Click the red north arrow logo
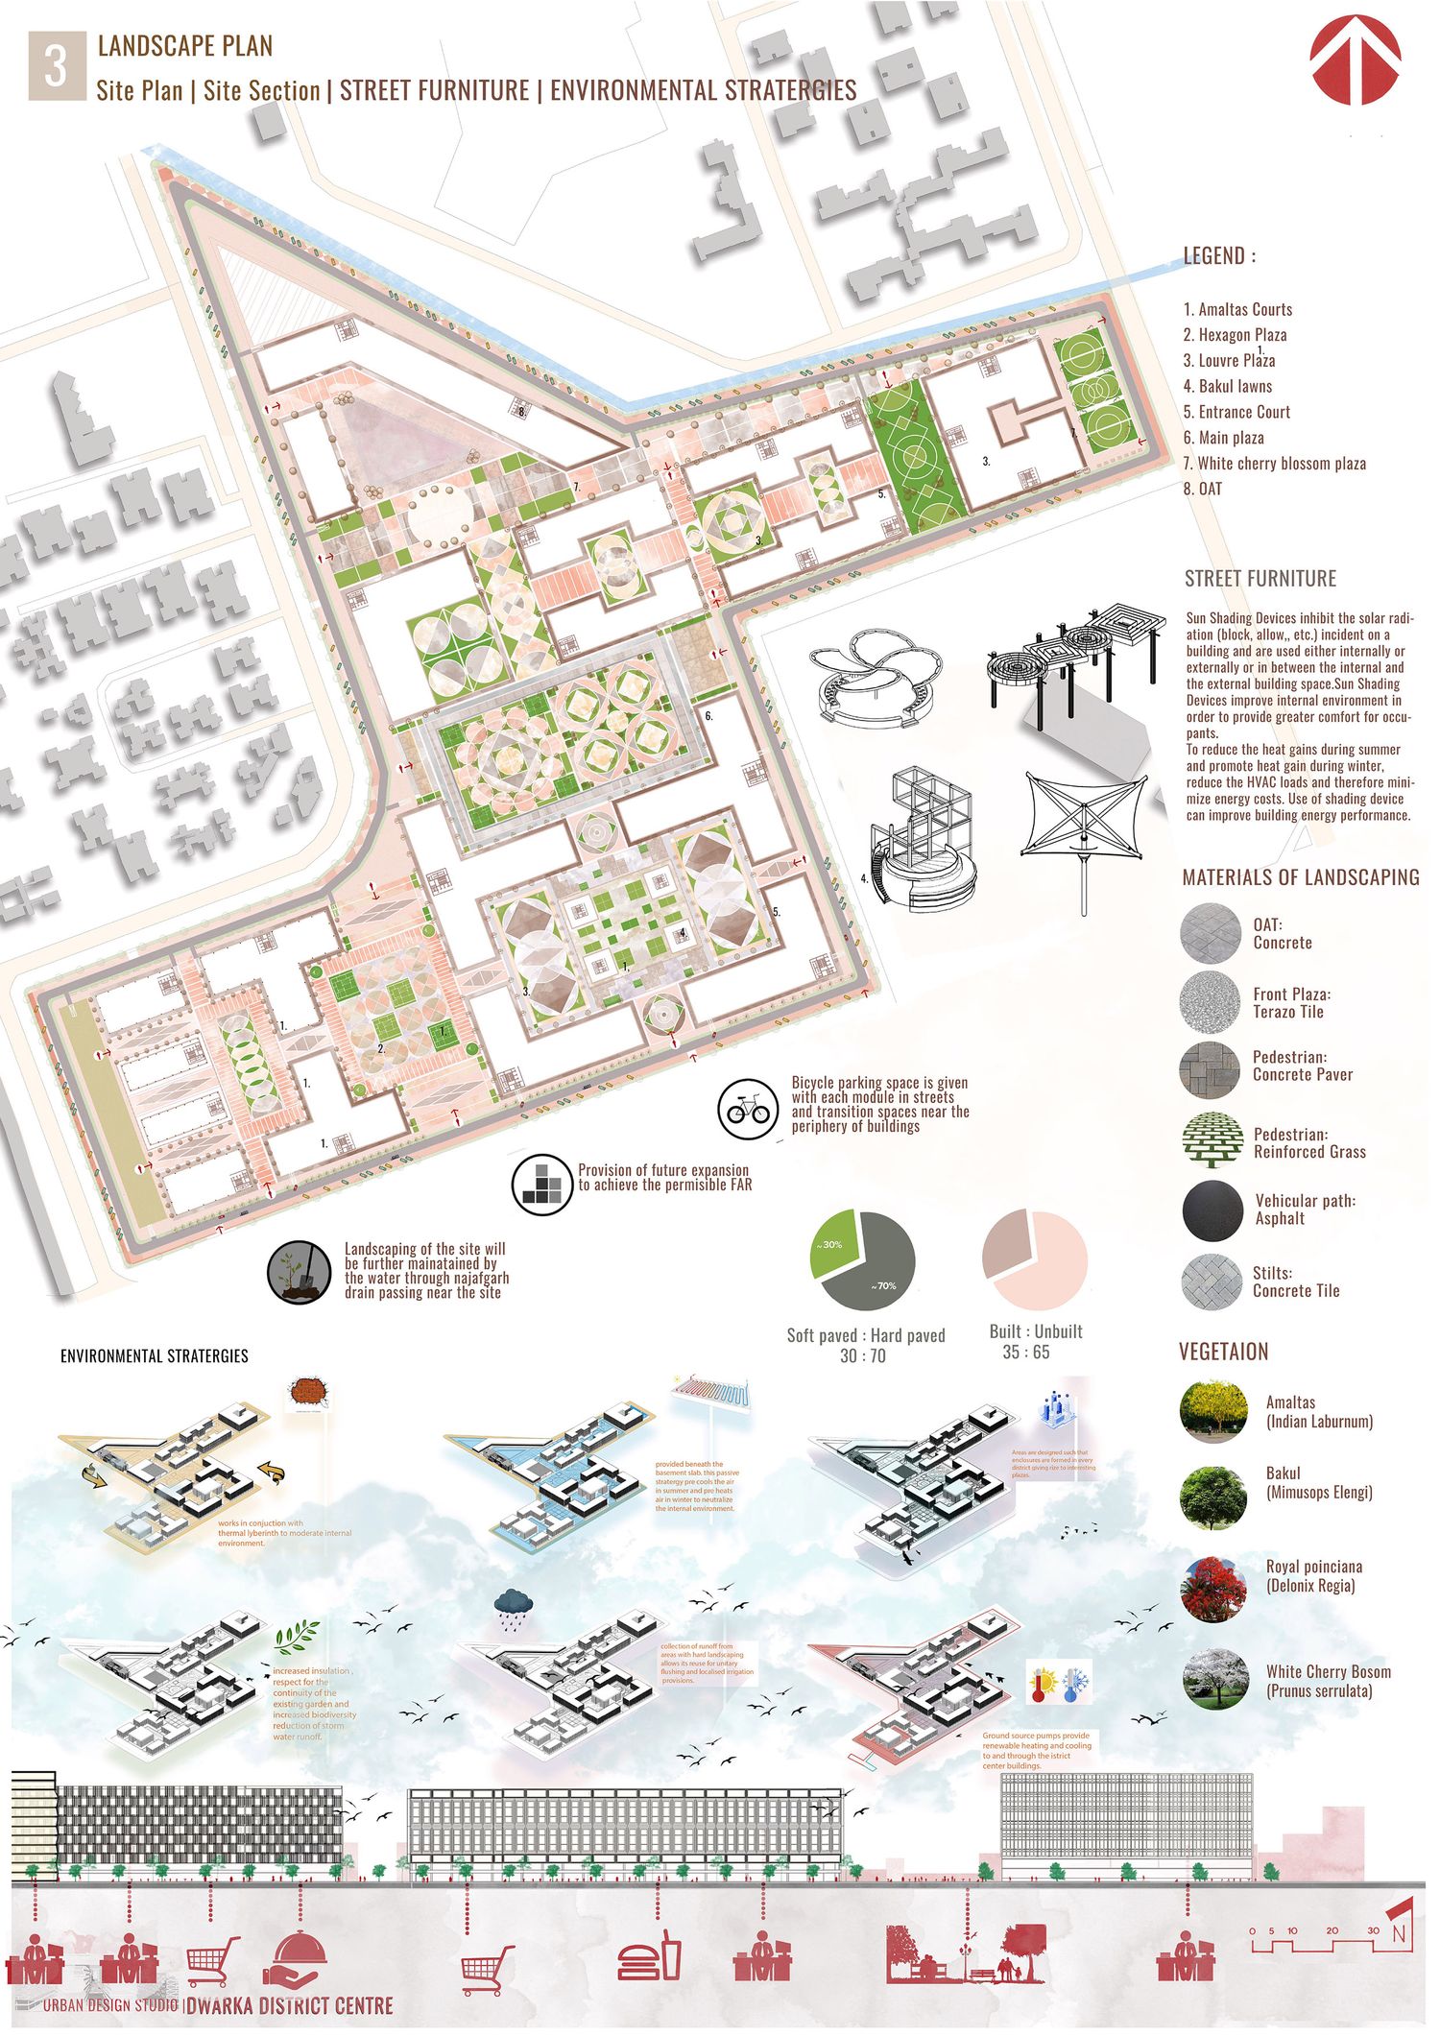(1356, 60)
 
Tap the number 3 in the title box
(56, 66)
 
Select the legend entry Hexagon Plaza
(1235, 335)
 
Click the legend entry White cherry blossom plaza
(1274, 464)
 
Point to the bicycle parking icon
(748, 1110)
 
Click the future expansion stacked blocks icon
(541, 1185)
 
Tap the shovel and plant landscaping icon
(299, 1272)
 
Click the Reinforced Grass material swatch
(1212, 1142)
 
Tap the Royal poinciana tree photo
(1213, 1590)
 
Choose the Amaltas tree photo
(1213, 1412)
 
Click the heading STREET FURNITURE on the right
(1260, 579)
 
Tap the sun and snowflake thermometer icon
(1059, 1686)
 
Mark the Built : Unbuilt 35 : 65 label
(1035, 1342)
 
